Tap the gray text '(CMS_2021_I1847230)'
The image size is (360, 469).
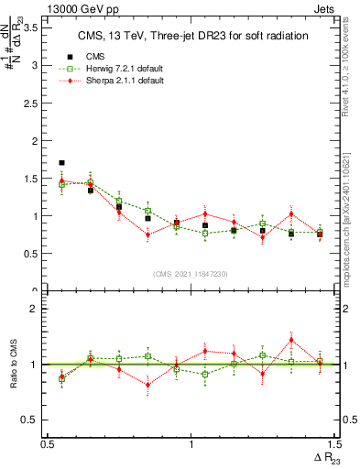pyautogui.click(x=191, y=274)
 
